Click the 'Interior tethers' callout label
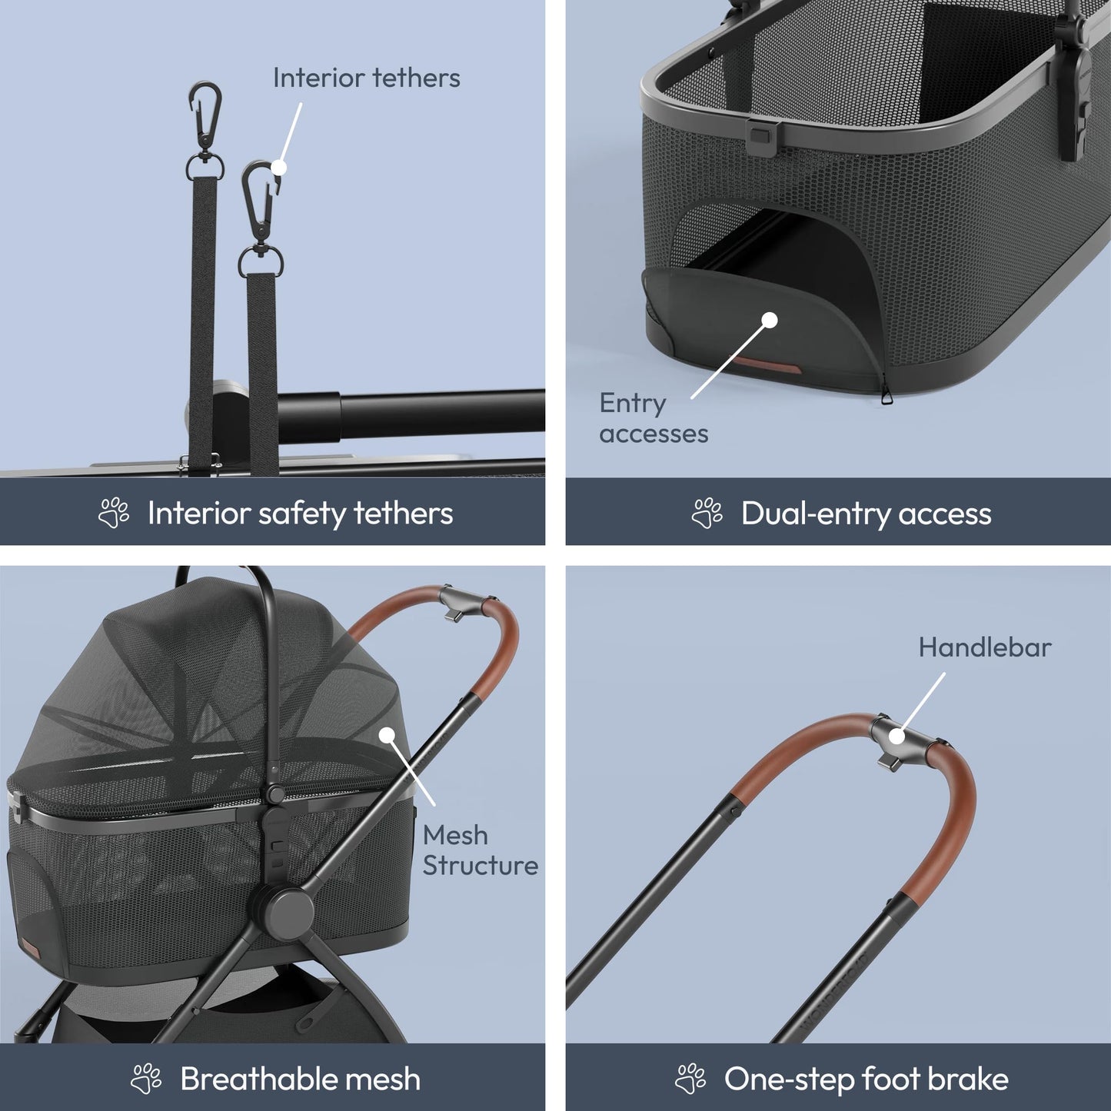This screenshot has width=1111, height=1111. click(367, 78)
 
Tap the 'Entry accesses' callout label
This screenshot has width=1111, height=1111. click(654, 418)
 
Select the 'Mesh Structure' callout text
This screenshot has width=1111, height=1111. click(481, 850)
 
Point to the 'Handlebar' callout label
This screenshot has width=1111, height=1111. click(985, 647)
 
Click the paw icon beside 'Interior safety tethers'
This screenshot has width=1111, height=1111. click(114, 513)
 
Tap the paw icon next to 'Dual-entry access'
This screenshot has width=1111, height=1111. click(707, 513)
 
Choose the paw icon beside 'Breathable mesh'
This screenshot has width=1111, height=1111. click(146, 1078)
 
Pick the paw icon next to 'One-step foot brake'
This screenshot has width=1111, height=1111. click(690, 1078)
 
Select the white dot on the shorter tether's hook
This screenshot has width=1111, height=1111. click(279, 168)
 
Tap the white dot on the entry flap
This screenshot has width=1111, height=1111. click(770, 320)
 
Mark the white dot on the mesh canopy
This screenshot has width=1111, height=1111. click(387, 735)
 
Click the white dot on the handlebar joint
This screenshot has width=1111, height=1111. click(896, 737)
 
